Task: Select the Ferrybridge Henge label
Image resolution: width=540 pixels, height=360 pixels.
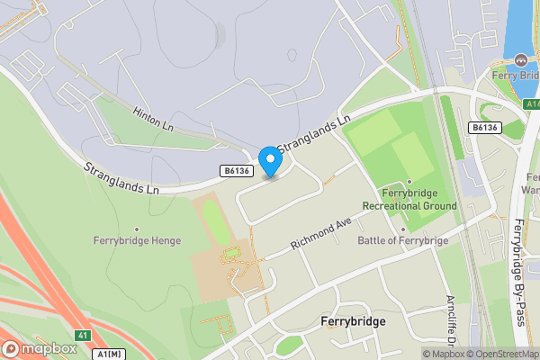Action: click(137, 241)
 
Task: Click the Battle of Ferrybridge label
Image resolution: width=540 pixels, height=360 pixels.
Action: click(403, 240)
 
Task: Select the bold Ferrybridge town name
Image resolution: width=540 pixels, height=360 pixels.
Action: click(353, 321)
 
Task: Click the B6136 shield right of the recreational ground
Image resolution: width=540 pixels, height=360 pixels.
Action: click(484, 129)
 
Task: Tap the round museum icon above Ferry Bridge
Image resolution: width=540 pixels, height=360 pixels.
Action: click(521, 59)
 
